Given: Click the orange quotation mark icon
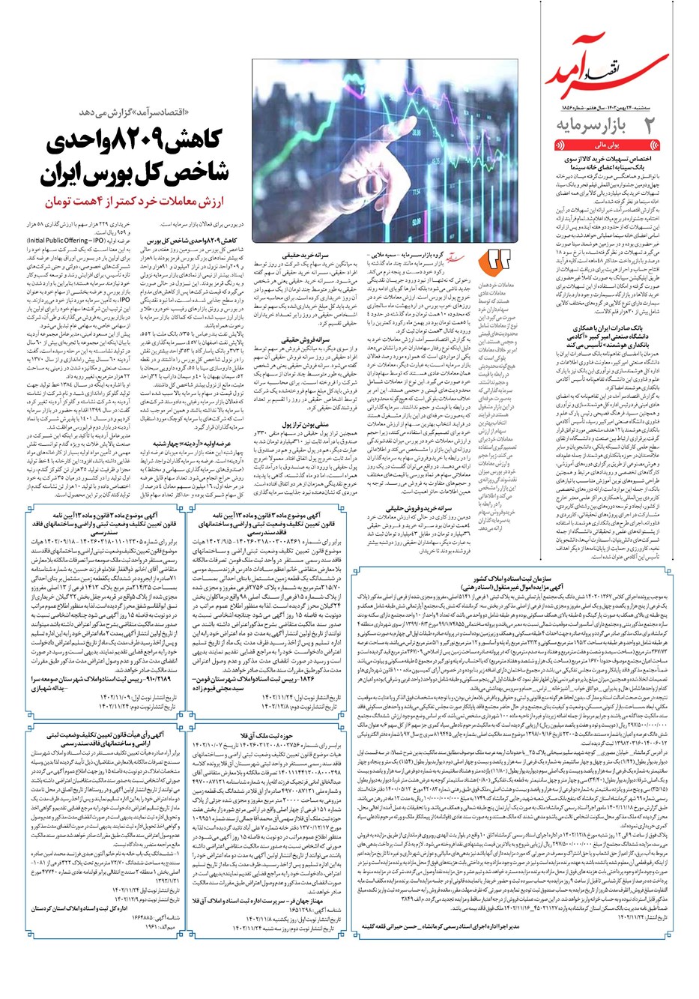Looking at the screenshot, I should [497, 259].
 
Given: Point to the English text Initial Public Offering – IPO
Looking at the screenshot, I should [67, 241].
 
